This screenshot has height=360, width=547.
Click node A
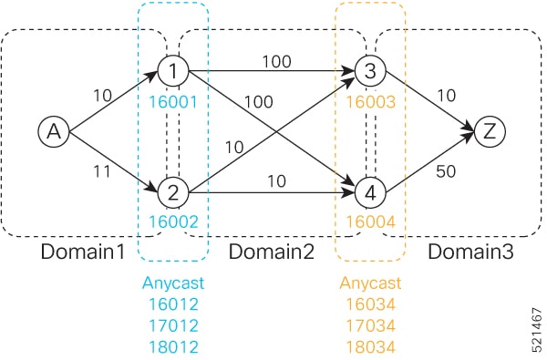click(x=54, y=132)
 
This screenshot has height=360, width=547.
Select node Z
click(x=490, y=130)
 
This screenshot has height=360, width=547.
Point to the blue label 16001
click(x=172, y=102)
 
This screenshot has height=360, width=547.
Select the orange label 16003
click(x=370, y=102)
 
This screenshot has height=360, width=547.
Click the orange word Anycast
click(x=370, y=283)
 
